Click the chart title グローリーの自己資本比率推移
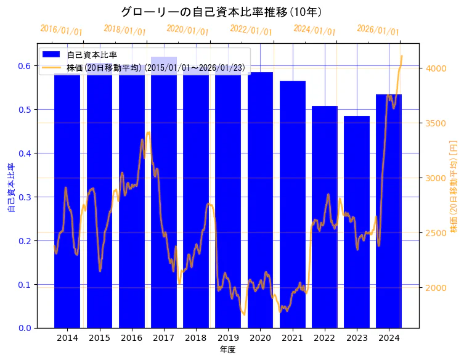(221, 12)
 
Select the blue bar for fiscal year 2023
(357, 222)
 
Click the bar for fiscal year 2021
(293, 204)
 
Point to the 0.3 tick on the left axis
(26, 197)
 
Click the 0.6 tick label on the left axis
(26, 66)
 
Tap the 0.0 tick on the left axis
(26, 328)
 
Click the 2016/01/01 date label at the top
(61, 30)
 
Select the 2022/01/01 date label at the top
(251, 30)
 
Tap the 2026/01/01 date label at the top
(378, 30)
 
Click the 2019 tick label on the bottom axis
(228, 338)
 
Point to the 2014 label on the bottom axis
(67, 338)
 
